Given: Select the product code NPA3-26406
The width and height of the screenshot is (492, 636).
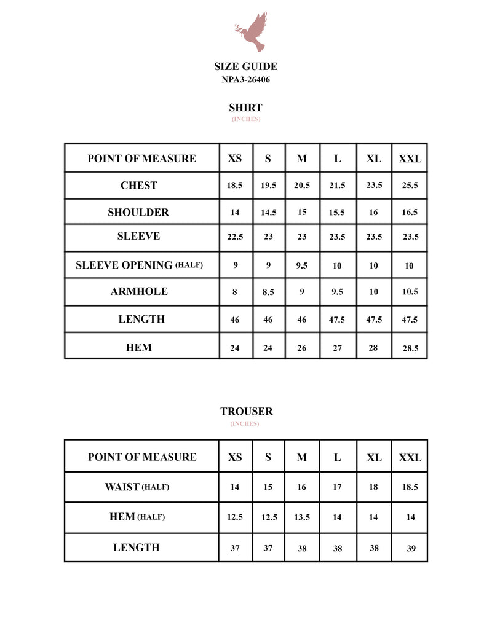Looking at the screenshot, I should coord(245,79).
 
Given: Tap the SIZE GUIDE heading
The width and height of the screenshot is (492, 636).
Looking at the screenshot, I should coord(245,66).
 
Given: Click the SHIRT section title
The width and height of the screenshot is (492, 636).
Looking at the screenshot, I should coord(245,108).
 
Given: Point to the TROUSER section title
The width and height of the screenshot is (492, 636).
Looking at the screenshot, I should coord(246,412).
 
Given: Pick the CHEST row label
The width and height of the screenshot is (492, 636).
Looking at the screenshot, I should coord(139,186).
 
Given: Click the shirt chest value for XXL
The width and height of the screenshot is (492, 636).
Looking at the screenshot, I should coord(410,186).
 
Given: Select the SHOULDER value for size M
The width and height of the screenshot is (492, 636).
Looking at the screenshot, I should coord(302,212).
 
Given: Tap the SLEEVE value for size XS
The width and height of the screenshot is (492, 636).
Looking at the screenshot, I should coord(235,237).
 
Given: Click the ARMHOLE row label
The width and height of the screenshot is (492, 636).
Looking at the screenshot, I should coord(139,292).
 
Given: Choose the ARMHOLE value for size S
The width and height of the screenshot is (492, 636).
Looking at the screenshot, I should coord(268,292).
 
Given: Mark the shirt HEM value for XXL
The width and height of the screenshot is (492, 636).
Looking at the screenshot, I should coord(410,348).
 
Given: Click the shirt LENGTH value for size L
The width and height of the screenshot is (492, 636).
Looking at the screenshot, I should coord(337,320).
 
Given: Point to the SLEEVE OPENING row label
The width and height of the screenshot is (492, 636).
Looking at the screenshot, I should coord(139,265).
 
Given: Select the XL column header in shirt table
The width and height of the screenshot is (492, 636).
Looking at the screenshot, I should coord(374,159).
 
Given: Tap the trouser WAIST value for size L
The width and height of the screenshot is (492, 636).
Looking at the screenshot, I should coord(337,487).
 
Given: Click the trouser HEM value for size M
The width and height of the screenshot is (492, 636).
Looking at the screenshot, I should coord(302,517).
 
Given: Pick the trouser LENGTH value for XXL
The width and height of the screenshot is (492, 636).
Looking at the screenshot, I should coord(411,549).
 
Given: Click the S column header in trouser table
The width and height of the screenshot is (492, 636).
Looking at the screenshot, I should coord(268,458).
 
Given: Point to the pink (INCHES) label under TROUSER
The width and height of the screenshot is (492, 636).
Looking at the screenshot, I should coord(245,424).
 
